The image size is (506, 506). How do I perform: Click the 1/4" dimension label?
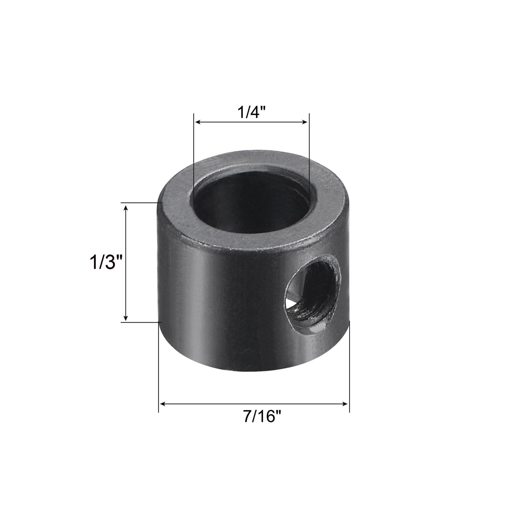(251, 112)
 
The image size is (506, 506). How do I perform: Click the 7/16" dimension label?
(262, 416)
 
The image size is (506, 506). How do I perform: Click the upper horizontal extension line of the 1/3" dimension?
(139, 203)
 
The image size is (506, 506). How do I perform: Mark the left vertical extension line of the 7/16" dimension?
(158, 379)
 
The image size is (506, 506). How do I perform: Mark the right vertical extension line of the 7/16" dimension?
(349, 379)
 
